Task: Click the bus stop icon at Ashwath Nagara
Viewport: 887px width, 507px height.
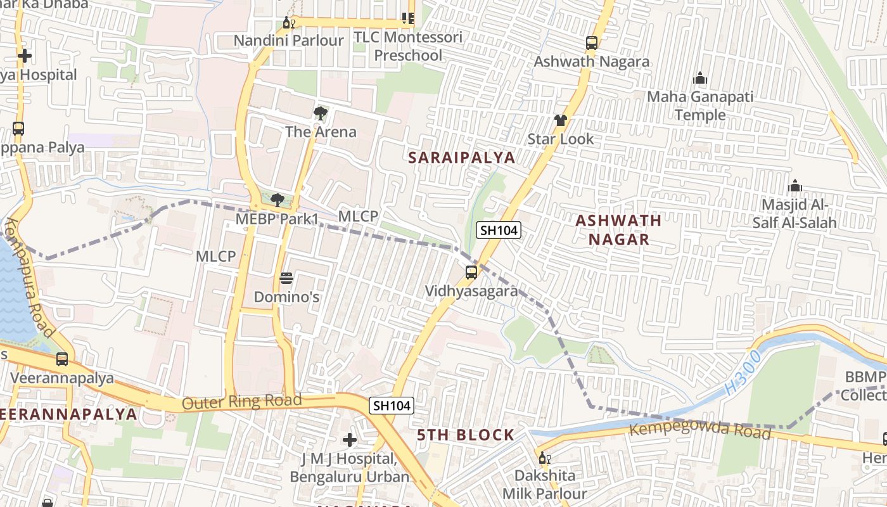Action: coord(591,43)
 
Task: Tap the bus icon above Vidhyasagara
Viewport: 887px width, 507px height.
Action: coord(471,273)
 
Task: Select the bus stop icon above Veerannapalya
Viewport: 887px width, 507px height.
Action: coord(62,359)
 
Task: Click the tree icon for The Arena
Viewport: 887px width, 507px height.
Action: coord(321,113)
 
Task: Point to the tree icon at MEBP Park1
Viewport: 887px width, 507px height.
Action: coord(277,200)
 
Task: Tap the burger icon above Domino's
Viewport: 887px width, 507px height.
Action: coord(286,278)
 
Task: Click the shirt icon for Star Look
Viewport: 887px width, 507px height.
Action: coord(560,120)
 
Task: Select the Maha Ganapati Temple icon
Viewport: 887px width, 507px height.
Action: coord(700,78)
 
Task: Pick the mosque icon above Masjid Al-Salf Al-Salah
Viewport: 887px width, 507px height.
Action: coord(794,186)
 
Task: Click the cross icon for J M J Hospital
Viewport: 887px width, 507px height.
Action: coord(349,439)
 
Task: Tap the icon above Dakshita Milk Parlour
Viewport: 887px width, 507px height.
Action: coord(543,458)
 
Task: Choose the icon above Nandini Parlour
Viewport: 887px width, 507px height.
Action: coord(288,23)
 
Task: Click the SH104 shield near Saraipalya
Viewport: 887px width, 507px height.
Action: coord(499,231)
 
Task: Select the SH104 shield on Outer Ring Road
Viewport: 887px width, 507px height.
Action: coord(392,406)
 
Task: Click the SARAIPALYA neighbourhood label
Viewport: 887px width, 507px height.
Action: coord(461,158)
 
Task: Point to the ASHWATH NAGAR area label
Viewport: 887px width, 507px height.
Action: coord(618,229)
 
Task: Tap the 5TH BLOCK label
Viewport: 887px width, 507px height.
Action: coord(466,435)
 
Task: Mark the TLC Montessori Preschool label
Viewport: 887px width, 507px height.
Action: coord(408,46)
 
